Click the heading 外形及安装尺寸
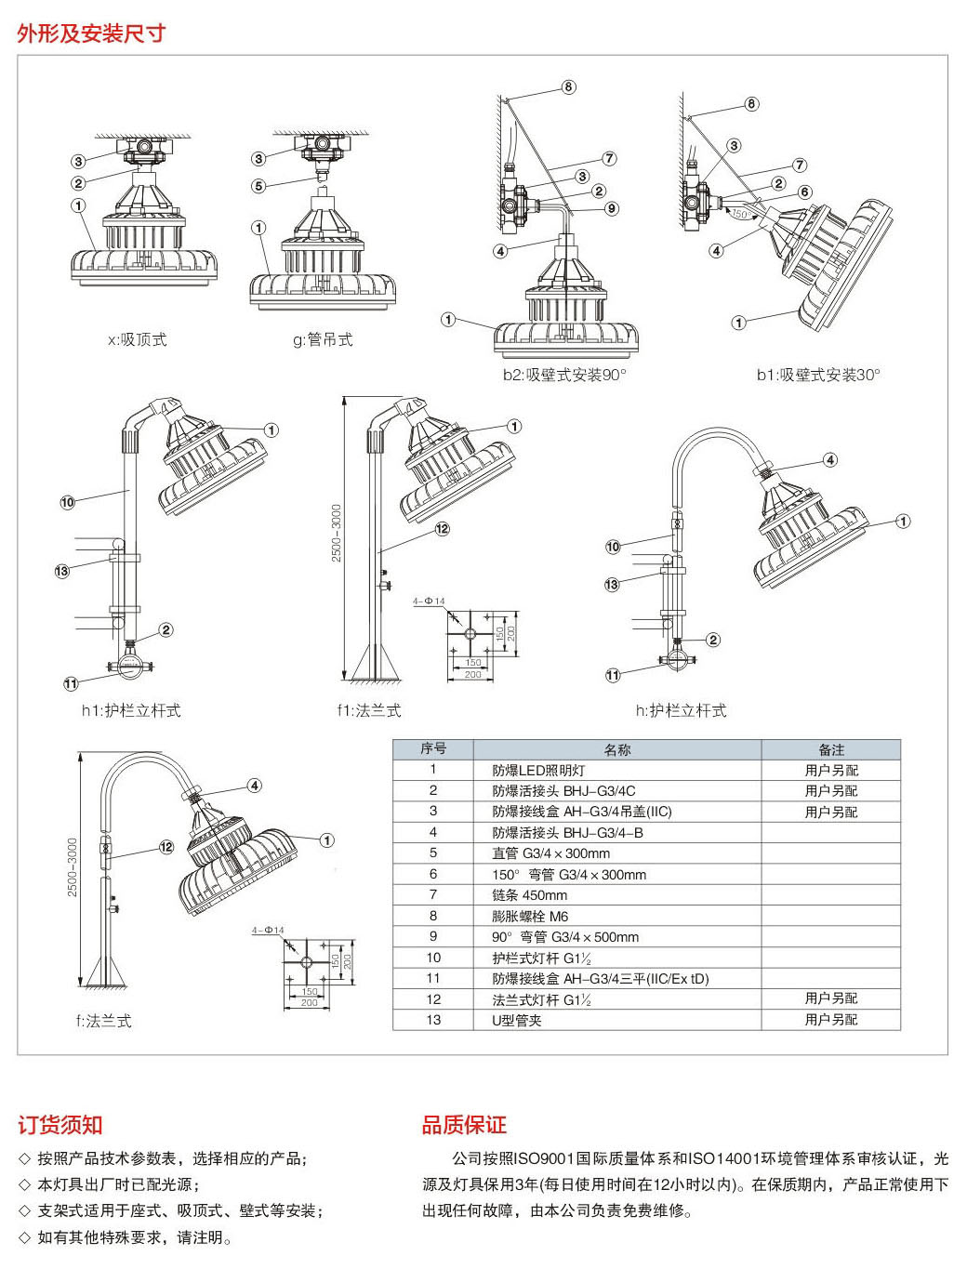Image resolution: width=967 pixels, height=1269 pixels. click(91, 33)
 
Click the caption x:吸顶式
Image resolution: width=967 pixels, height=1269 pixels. click(138, 340)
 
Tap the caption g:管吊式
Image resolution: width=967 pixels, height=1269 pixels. click(323, 340)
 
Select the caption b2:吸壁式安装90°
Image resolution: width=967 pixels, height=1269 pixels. click(564, 375)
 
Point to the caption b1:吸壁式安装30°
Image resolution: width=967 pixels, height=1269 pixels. click(817, 375)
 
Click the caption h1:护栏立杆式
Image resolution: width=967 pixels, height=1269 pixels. click(131, 710)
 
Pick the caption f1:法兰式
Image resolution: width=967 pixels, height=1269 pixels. click(369, 710)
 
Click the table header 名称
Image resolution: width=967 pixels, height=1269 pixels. click(617, 749)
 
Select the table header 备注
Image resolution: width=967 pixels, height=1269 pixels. click(831, 749)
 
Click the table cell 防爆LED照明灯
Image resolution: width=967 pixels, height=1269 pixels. click(538, 771)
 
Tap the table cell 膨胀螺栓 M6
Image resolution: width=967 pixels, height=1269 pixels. click(530, 916)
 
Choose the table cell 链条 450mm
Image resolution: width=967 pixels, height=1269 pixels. click(529, 895)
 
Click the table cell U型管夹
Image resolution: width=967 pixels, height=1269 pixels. click(517, 1020)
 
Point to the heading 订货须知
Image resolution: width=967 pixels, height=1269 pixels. click(60, 1125)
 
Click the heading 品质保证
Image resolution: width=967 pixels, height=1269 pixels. click(464, 1125)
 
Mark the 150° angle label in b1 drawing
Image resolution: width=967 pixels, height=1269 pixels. click(741, 214)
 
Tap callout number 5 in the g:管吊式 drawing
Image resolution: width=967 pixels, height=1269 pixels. click(259, 186)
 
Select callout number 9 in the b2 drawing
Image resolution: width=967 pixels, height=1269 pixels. click(612, 208)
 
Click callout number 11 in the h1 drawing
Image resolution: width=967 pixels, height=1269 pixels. click(71, 684)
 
